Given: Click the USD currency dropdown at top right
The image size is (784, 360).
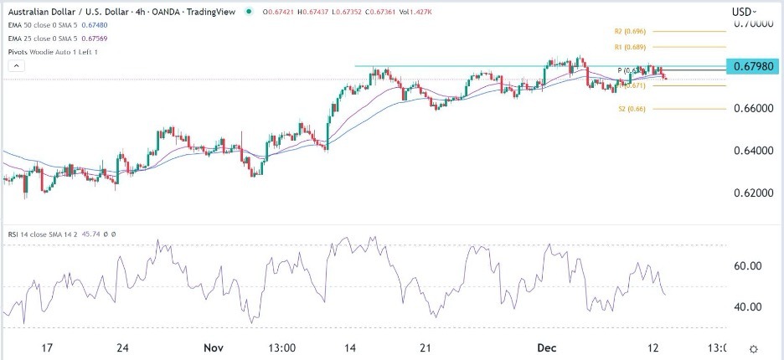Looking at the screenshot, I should coord(744,12).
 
